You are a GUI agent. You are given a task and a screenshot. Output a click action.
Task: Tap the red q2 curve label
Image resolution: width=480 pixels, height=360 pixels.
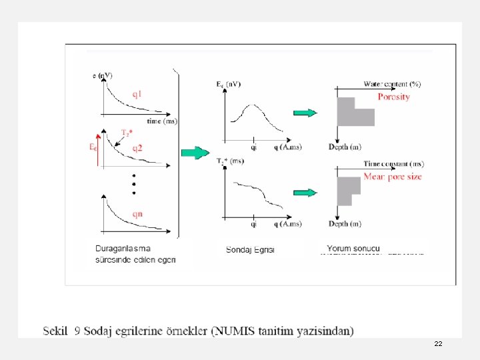point(139,147)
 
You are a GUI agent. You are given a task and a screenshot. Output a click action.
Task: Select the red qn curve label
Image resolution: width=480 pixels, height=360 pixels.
point(137,213)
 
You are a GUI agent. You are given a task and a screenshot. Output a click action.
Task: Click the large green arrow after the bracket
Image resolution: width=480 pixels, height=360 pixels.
point(195,153)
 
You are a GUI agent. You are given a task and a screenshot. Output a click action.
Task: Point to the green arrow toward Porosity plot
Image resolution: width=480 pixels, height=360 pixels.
point(305,113)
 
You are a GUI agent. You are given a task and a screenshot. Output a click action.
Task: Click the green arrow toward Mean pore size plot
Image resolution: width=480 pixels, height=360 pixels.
point(305,193)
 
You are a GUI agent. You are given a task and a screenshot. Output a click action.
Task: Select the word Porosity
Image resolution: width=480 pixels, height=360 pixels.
point(393,97)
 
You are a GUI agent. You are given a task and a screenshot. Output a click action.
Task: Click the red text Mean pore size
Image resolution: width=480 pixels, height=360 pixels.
point(392,177)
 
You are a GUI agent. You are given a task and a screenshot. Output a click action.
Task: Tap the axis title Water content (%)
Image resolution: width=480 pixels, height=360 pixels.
point(392,85)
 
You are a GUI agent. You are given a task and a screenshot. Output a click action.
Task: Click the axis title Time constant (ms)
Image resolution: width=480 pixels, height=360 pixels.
point(393,164)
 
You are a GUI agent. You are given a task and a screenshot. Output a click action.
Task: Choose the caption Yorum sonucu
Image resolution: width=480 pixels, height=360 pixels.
point(353,248)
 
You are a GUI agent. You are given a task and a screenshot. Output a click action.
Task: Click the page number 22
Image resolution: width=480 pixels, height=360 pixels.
point(438,343)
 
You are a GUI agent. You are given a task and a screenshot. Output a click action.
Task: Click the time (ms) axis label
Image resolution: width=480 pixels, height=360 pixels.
point(162,121)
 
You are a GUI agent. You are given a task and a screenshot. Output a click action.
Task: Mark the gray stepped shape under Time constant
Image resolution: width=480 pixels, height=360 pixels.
point(348,190)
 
